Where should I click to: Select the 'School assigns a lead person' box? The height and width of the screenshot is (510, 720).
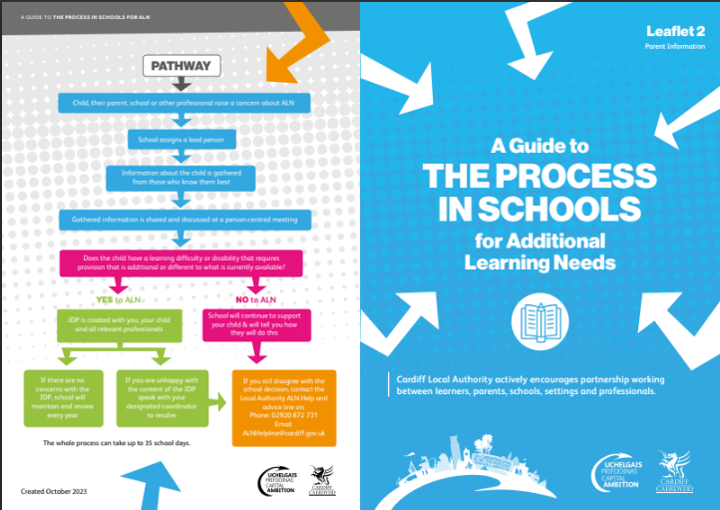click(182, 140)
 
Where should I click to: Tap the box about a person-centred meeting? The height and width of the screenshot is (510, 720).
click(184, 217)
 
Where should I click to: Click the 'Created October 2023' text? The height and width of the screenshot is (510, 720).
click(55, 492)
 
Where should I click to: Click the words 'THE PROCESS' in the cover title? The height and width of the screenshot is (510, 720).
click(532, 177)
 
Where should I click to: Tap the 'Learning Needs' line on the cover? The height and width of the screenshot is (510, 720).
click(540, 261)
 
